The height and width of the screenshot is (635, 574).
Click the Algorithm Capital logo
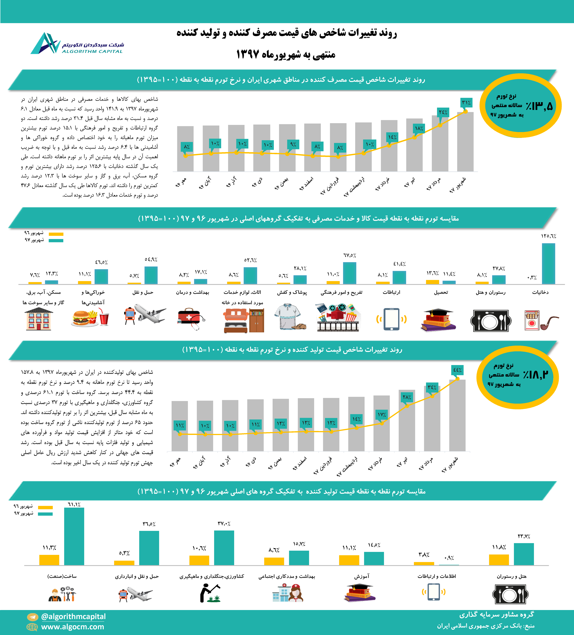(x=77, y=44)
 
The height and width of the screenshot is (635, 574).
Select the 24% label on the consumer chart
(x=443, y=112)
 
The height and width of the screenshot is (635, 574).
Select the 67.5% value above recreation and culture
(x=349, y=255)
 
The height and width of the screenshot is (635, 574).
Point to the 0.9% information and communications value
(x=449, y=558)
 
